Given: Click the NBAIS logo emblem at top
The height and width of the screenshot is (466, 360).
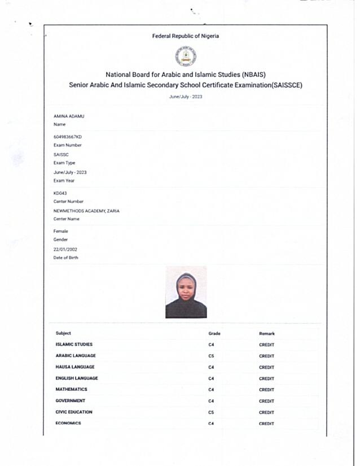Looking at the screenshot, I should pyautogui.click(x=186, y=56).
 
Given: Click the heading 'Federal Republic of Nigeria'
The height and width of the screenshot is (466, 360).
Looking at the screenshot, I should pyautogui.click(x=186, y=36).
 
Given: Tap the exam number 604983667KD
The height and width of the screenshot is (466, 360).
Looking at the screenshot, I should pyautogui.click(x=68, y=137).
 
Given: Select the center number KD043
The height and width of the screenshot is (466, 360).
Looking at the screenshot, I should pyautogui.click(x=60, y=193).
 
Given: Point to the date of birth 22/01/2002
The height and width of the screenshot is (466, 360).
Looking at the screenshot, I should pyautogui.click(x=65, y=249).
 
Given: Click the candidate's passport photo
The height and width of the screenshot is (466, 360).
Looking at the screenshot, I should pyautogui.click(x=186, y=292).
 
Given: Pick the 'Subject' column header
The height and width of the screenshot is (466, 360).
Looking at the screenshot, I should pyautogui.click(x=63, y=333).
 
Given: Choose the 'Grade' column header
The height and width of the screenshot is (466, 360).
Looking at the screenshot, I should pyautogui.click(x=214, y=334).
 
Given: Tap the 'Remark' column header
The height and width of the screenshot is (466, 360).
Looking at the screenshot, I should pyautogui.click(x=267, y=334).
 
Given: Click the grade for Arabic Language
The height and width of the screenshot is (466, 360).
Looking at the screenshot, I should pyautogui.click(x=211, y=356).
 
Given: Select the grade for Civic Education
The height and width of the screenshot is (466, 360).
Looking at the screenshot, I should pyautogui.click(x=211, y=412).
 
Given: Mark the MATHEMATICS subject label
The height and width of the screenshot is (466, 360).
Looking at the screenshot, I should pyautogui.click(x=71, y=389).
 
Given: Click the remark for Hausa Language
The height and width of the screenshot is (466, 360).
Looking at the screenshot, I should pyautogui.click(x=266, y=367).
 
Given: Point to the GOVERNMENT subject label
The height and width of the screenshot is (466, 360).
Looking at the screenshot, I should pyautogui.click(x=71, y=400).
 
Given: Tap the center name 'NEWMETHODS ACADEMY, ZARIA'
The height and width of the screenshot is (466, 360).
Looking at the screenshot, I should pyautogui.click(x=86, y=211).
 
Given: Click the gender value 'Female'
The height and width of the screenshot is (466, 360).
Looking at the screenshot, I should pyautogui.click(x=60, y=231).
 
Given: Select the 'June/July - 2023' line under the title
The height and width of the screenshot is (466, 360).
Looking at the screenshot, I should pyautogui.click(x=186, y=97).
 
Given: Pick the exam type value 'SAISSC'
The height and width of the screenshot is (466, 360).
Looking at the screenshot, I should pyautogui.click(x=60, y=154).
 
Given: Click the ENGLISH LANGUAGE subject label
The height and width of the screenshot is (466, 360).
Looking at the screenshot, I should pyautogui.click(x=76, y=378).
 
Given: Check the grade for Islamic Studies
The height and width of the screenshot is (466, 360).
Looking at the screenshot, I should pyautogui.click(x=211, y=345).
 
